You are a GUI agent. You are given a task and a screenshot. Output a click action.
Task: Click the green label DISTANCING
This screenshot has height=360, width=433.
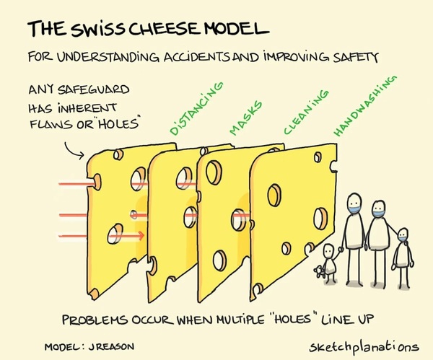196,108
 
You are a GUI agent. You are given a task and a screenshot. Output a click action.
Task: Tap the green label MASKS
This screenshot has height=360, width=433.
245,118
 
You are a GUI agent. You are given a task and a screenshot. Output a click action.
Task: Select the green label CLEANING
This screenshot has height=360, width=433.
306,112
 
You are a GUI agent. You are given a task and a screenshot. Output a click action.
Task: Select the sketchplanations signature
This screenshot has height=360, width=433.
364,347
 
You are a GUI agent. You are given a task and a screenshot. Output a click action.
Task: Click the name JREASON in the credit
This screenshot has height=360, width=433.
111,346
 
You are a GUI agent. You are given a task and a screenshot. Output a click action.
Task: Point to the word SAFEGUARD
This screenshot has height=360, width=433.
94,89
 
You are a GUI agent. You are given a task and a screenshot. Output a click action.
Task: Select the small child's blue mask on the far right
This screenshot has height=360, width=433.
403,239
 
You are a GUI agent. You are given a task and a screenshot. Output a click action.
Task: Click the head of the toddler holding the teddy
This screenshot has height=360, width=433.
328,250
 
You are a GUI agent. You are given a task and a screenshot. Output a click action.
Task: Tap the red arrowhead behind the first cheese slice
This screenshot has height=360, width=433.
141,235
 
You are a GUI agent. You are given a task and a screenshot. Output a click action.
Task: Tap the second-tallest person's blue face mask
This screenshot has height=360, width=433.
378,213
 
